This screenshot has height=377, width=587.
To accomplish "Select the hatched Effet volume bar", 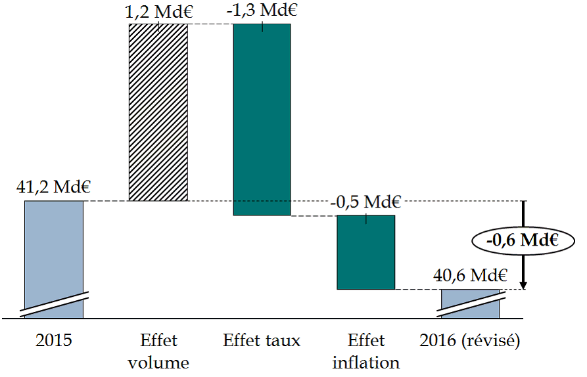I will point(158,112).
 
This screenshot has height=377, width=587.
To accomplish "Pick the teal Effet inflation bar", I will point(365,252).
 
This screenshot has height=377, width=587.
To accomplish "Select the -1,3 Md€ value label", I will point(262,11).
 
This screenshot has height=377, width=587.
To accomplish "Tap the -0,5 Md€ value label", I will point(365,202).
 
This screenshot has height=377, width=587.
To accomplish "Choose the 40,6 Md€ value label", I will point(468,275).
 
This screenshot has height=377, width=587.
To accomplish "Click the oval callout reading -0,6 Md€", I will point(523,240).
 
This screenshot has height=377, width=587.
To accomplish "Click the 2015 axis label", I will point(54,341).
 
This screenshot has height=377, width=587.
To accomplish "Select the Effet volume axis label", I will point(158,351).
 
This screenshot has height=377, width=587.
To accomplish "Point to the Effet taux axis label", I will point(262,341).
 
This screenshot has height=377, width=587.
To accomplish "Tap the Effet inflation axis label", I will point(365,351).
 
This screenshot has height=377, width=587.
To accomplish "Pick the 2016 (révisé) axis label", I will point(469,341).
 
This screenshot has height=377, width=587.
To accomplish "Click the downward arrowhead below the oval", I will point(523,284).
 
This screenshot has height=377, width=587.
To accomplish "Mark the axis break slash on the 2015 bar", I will point(54,303).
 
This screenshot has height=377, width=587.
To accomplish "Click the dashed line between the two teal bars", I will point(314,215).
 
